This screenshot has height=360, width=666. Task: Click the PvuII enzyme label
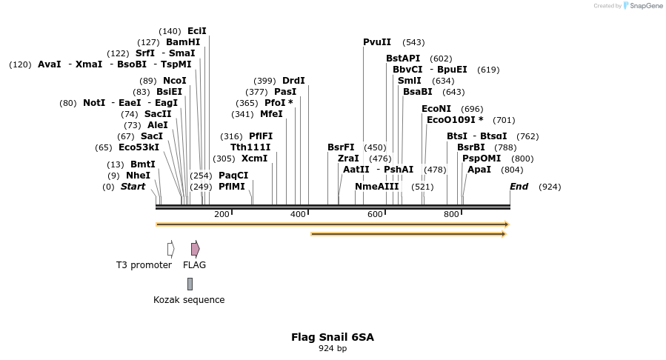tap(377, 42)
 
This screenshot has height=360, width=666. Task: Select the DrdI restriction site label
tap(293, 81)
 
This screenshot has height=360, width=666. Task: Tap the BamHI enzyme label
tap(183, 42)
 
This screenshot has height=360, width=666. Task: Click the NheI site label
tap(138, 176)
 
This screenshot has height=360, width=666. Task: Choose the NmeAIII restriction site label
tap(376, 187)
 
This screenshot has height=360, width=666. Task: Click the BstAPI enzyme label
tap(403, 59)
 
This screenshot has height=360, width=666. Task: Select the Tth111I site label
tap(250, 147)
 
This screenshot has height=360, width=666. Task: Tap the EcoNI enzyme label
tap(436, 109)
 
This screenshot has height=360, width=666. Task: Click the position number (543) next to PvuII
tap(413, 42)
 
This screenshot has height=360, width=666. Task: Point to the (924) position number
tap(550, 187)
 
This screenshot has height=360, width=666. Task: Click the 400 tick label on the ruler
tap(298, 214)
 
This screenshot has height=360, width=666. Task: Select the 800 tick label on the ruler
tap(451, 214)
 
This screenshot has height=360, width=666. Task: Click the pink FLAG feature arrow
tap(195, 249)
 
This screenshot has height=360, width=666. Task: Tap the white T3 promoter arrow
tap(171, 249)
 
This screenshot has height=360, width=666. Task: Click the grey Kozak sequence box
tap(190, 284)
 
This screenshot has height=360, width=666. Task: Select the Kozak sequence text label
tap(189, 300)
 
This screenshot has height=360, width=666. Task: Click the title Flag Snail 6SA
tap(333, 337)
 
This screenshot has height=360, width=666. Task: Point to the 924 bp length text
tap(333, 348)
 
